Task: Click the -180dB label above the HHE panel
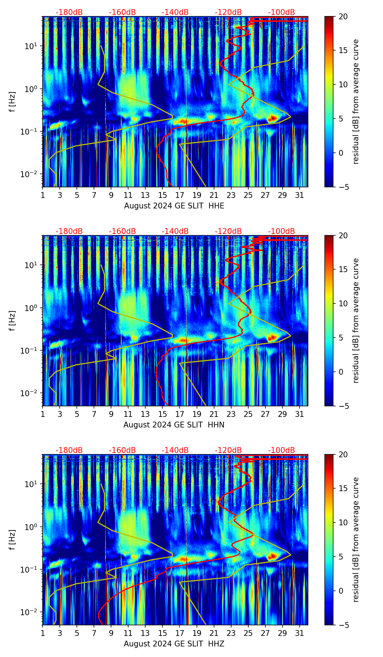click(69, 12)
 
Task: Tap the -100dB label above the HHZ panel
click(281, 450)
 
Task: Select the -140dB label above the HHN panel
click(175, 231)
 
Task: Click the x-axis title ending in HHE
click(174, 206)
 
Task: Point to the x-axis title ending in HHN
click(174, 425)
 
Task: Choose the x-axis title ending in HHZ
click(174, 644)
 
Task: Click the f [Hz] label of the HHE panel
click(12, 102)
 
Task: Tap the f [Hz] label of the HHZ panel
click(12, 540)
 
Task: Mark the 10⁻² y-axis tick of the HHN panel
click(31, 393)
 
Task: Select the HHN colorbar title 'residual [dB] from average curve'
click(356, 320)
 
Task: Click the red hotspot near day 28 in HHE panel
click(272, 119)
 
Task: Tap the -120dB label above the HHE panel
click(228, 12)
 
